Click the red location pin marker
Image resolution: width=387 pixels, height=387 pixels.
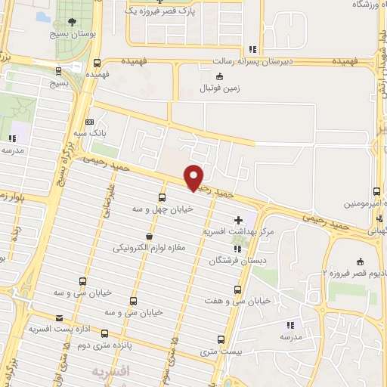194,177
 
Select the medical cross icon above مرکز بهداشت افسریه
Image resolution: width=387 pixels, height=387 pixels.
240,218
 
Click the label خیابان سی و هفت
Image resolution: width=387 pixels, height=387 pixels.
237,300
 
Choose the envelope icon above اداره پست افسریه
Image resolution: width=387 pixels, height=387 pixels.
59,319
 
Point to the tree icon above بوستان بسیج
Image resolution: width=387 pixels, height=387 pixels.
72,22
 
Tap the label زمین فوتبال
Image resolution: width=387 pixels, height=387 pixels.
218,88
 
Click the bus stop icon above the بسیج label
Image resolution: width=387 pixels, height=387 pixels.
59,71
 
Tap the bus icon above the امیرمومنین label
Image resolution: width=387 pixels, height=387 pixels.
377,192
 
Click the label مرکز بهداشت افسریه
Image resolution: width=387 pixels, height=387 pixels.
240,231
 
